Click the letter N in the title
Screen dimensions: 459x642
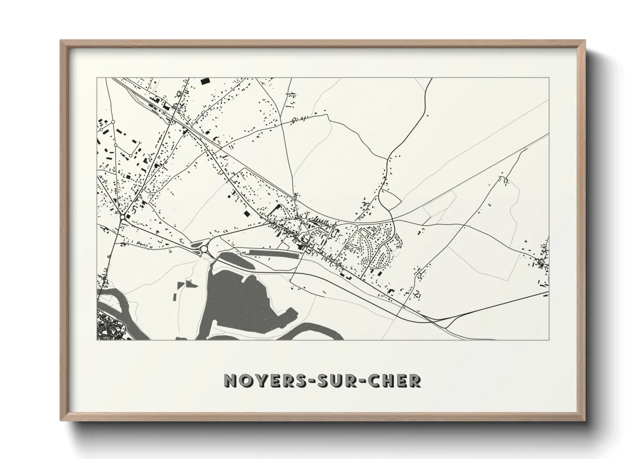230,380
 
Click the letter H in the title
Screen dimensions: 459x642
387,380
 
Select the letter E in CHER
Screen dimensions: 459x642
401,380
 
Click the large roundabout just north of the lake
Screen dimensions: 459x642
203,249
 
